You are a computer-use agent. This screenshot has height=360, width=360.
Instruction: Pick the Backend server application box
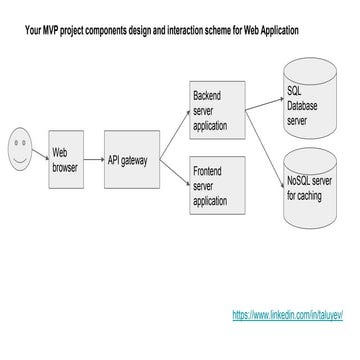pyautogui.click(x=217, y=110)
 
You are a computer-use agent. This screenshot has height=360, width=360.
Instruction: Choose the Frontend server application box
pyautogui.click(x=218, y=184)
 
